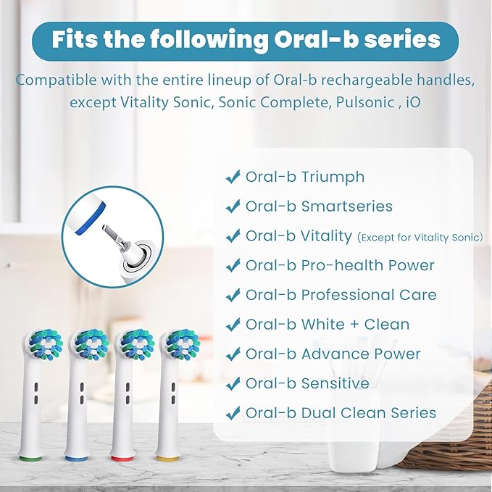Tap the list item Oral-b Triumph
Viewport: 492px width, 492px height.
(x=304, y=177)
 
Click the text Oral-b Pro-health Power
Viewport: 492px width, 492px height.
(x=340, y=266)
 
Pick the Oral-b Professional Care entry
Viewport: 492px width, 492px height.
(x=341, y=295)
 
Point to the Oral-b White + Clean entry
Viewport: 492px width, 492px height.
(x=327, y=325)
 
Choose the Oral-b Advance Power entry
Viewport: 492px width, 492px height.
(x=333, y=354)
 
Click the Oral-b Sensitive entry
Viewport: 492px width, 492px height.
(x=307, y=383)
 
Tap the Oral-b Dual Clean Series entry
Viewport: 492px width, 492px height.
(x=341, y=413)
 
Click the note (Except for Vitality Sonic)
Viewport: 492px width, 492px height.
(x=420, y=237)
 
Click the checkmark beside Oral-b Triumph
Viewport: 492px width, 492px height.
(x=233, y=177)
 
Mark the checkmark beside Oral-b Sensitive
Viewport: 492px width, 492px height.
(x=233, y=383)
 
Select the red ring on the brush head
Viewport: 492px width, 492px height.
(x=123, y=457)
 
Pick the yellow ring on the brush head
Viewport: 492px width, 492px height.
(x=168, y=457)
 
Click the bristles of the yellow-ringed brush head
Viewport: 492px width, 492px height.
(x=179, y=344)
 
